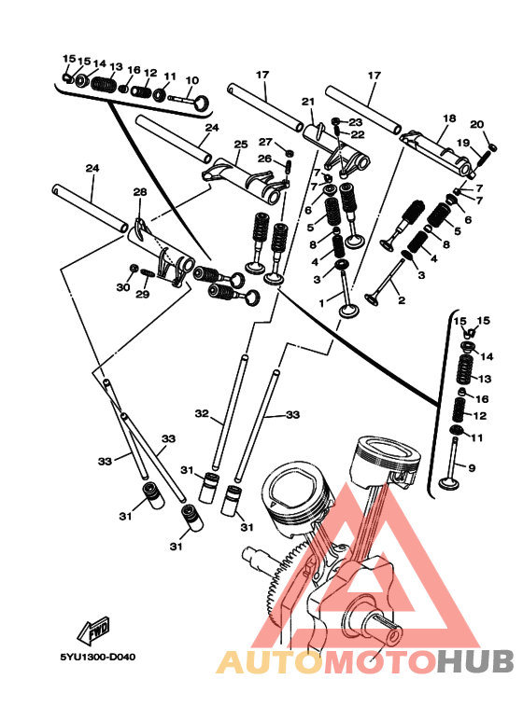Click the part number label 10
192,80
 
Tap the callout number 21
308,102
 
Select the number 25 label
241,145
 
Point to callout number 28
140,191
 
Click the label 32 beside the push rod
202,414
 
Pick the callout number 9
472,468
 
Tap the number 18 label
449,118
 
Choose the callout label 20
477,124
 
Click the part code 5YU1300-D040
98,657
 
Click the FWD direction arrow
93,629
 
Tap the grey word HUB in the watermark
475,662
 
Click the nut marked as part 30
134,268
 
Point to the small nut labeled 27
290,153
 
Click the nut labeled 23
335,121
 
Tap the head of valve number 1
349,310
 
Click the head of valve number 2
371,299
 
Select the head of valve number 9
447,483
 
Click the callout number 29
142,294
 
